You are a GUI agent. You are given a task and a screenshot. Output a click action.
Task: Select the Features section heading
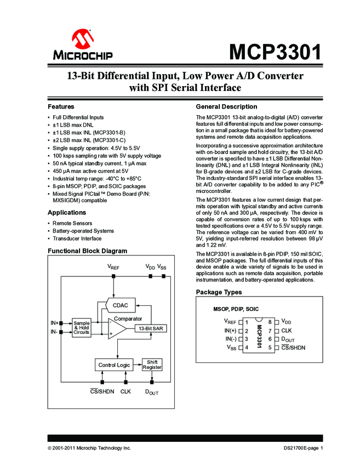coord(61,106)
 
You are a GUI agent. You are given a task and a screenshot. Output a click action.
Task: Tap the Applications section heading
coord(67,212)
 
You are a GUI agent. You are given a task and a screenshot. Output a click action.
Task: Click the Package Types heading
coord(219,292)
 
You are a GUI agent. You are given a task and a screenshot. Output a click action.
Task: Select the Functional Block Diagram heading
coord(87,251)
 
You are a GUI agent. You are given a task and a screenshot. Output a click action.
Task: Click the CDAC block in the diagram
coord(121,305)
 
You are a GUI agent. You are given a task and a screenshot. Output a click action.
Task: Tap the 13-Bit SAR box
coord(150,328)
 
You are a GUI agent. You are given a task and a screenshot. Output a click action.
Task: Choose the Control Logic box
coord(114,365)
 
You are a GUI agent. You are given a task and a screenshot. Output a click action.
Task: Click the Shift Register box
coord(152,365)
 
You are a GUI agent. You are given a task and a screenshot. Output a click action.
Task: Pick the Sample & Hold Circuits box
coord(82,328)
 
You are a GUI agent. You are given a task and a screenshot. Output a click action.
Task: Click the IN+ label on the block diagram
coord(54,323)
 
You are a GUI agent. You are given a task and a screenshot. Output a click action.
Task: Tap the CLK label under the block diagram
coord(125,391)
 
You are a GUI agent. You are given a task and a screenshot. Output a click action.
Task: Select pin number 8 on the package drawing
coord(270,322)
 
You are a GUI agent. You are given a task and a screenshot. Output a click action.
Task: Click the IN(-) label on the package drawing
coord(230,339)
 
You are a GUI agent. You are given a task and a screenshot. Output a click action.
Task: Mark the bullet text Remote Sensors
coord(73,224)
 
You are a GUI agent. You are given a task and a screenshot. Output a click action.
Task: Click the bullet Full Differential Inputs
coord(78,117)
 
